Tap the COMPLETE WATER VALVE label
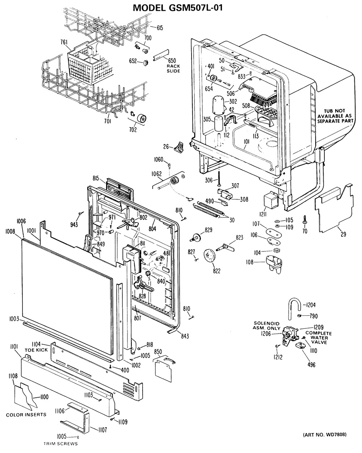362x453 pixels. (x=319, y=337)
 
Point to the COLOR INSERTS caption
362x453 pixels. (x=26, y=414)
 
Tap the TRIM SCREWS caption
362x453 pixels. (x=61, y=444)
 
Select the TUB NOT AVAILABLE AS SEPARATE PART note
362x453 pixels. (x=335, y=116)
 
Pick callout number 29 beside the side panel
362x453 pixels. (x=343, y=234)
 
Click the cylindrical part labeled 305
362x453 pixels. (x=219, y=124)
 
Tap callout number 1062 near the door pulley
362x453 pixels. (x=156, y=174)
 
